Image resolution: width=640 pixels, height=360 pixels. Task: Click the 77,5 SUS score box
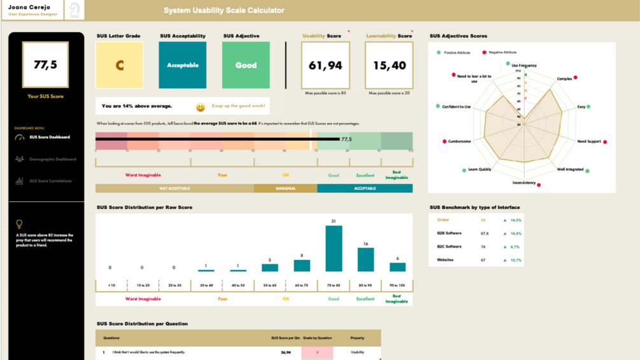tap(45, 65)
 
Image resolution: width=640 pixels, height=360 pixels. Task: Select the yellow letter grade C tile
tap(119, 65)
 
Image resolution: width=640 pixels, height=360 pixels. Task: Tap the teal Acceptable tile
tap(183, 65)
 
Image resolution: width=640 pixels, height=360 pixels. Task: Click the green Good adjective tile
tap(246, 65)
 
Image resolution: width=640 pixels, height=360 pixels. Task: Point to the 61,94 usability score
tap(325, 66)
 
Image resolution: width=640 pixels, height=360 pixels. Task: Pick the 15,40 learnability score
tap(389, 66)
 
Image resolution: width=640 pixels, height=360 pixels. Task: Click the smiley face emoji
tap(201, 108)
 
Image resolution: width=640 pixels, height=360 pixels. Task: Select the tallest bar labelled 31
tap(334, 248)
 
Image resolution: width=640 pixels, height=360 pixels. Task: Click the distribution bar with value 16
tap(366, 259)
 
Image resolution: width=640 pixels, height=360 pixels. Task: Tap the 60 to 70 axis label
tap(302, 285)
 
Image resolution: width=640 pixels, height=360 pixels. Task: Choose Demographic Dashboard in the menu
tap(53, 159)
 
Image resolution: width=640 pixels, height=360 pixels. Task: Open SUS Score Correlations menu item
tap(50, 181)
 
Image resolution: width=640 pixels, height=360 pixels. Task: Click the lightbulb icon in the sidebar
tap(19, 224)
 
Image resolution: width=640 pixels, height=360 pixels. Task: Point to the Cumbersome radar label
tap(459, 141)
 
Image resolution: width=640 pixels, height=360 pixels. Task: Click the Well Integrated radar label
tap(570, 169)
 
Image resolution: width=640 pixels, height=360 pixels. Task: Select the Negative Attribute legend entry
tap(502, 52)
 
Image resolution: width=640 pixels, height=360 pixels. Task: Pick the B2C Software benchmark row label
tap(449, 247)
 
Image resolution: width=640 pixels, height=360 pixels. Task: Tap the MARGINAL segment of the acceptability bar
tap(285, 189)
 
